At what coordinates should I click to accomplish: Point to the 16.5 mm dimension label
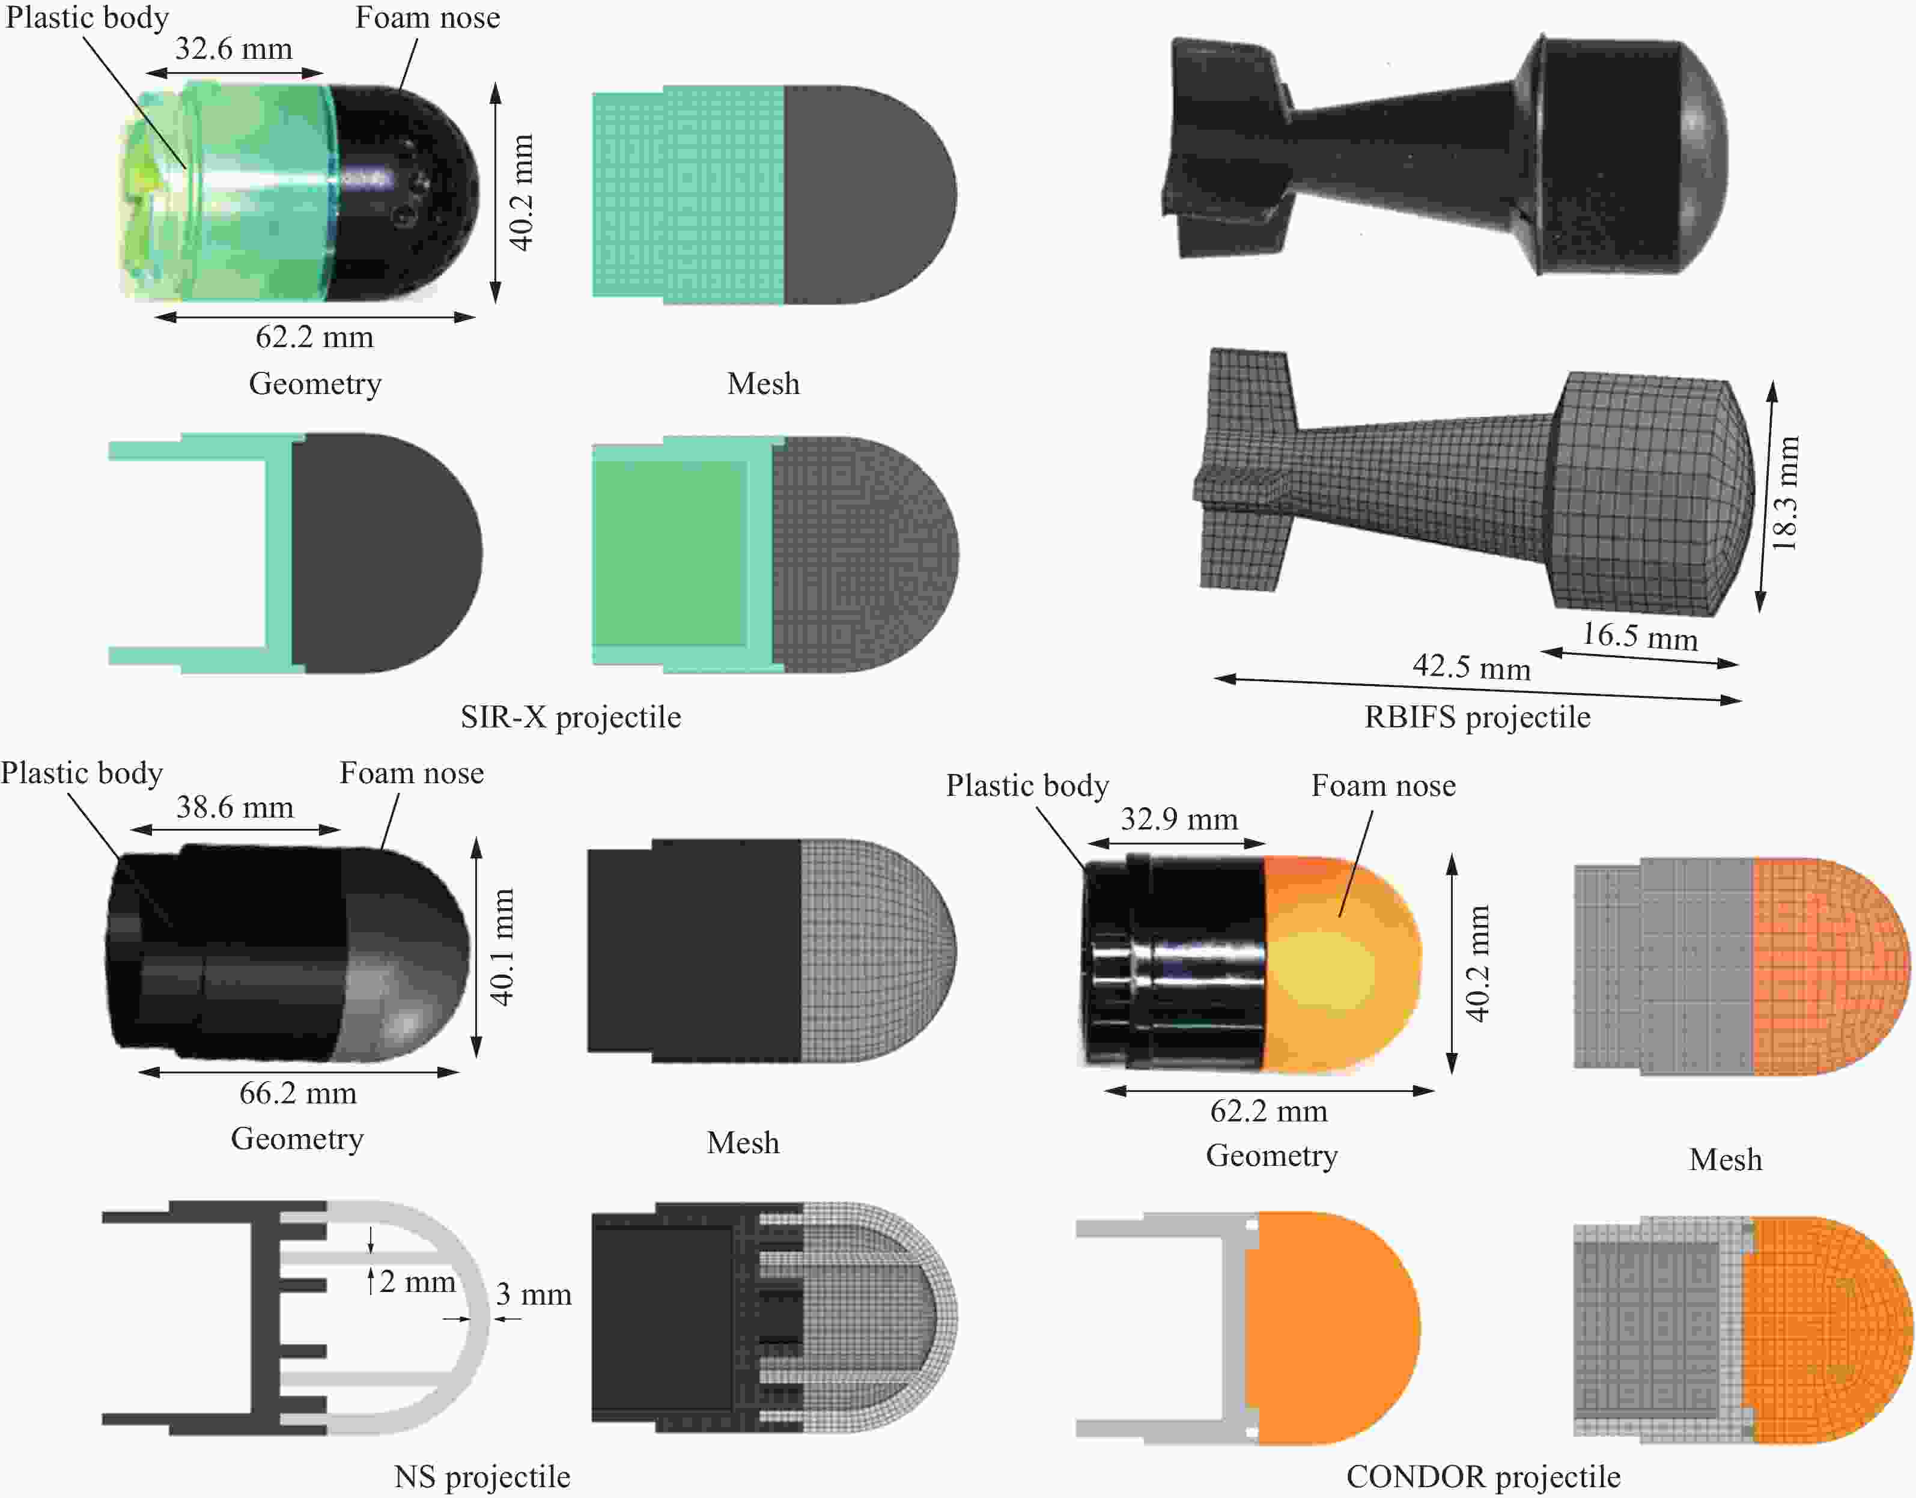point(1640,636)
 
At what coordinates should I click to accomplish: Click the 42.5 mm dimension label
point(1471,667)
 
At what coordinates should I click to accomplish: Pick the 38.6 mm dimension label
point(235,807)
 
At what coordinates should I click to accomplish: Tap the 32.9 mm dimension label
point(1179,819)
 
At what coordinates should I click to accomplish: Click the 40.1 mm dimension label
point(501,947)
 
